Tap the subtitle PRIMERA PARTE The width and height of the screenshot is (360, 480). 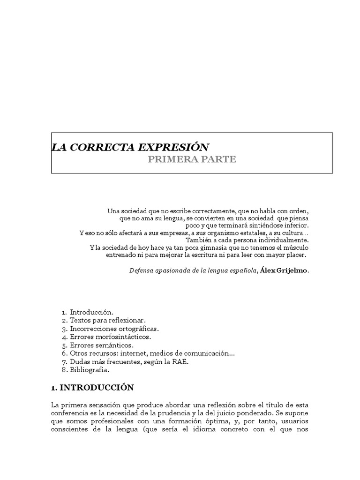pos(192,159)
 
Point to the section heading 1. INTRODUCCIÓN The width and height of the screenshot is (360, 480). pos(92,388)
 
